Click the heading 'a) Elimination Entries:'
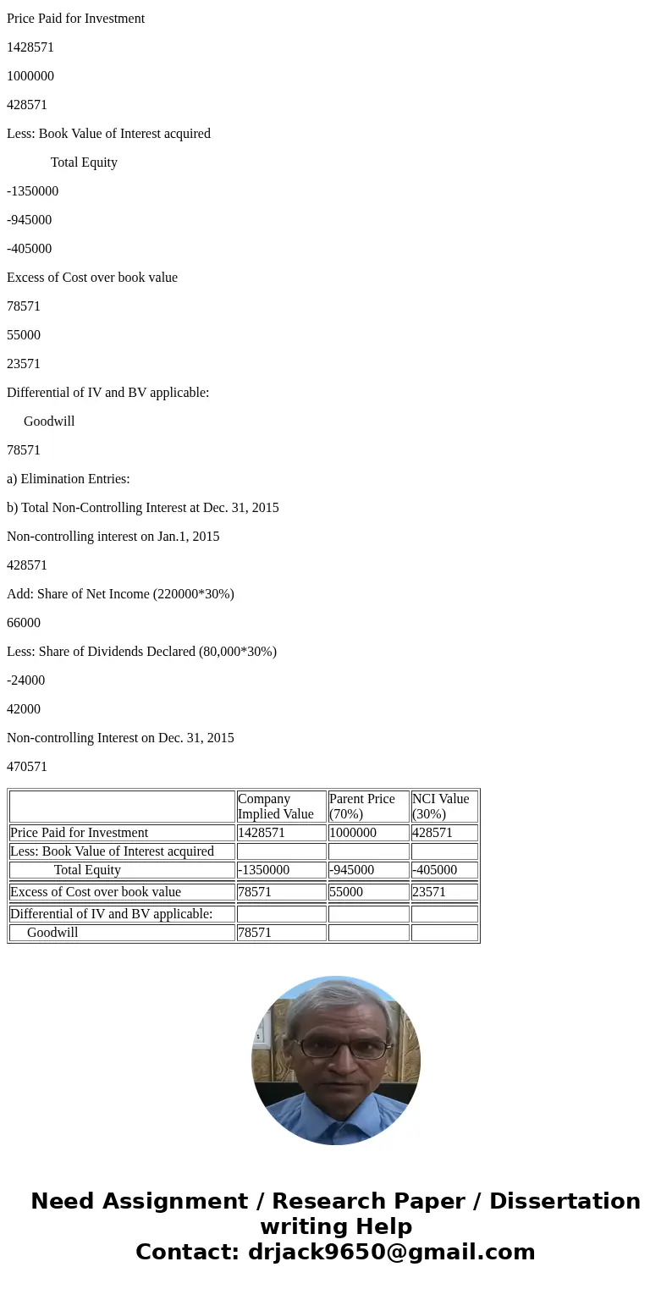click(x=69, y=479)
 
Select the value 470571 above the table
click(x=27, y=767)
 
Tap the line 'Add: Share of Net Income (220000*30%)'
click(x=120, y=594)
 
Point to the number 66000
click(x=24, y=623)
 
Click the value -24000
click(x=26, y=680)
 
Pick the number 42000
click(x=24, y=709)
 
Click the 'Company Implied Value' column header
click(x=276, y=807)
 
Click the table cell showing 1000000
click(x=353, y=833)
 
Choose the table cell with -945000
click(x=351, y=870)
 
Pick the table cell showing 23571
click(x=429, y=892)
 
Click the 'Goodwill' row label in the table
click(x=52, y=933)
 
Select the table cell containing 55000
click(x=346, y=892)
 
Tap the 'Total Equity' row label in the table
click(x=87, y=870)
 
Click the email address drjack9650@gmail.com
click(x=391, y=1253)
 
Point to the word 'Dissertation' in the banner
click(x=565, y=1202)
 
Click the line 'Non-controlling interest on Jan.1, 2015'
click(x=113, y=537)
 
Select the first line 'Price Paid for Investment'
click(x=76, y=19)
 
